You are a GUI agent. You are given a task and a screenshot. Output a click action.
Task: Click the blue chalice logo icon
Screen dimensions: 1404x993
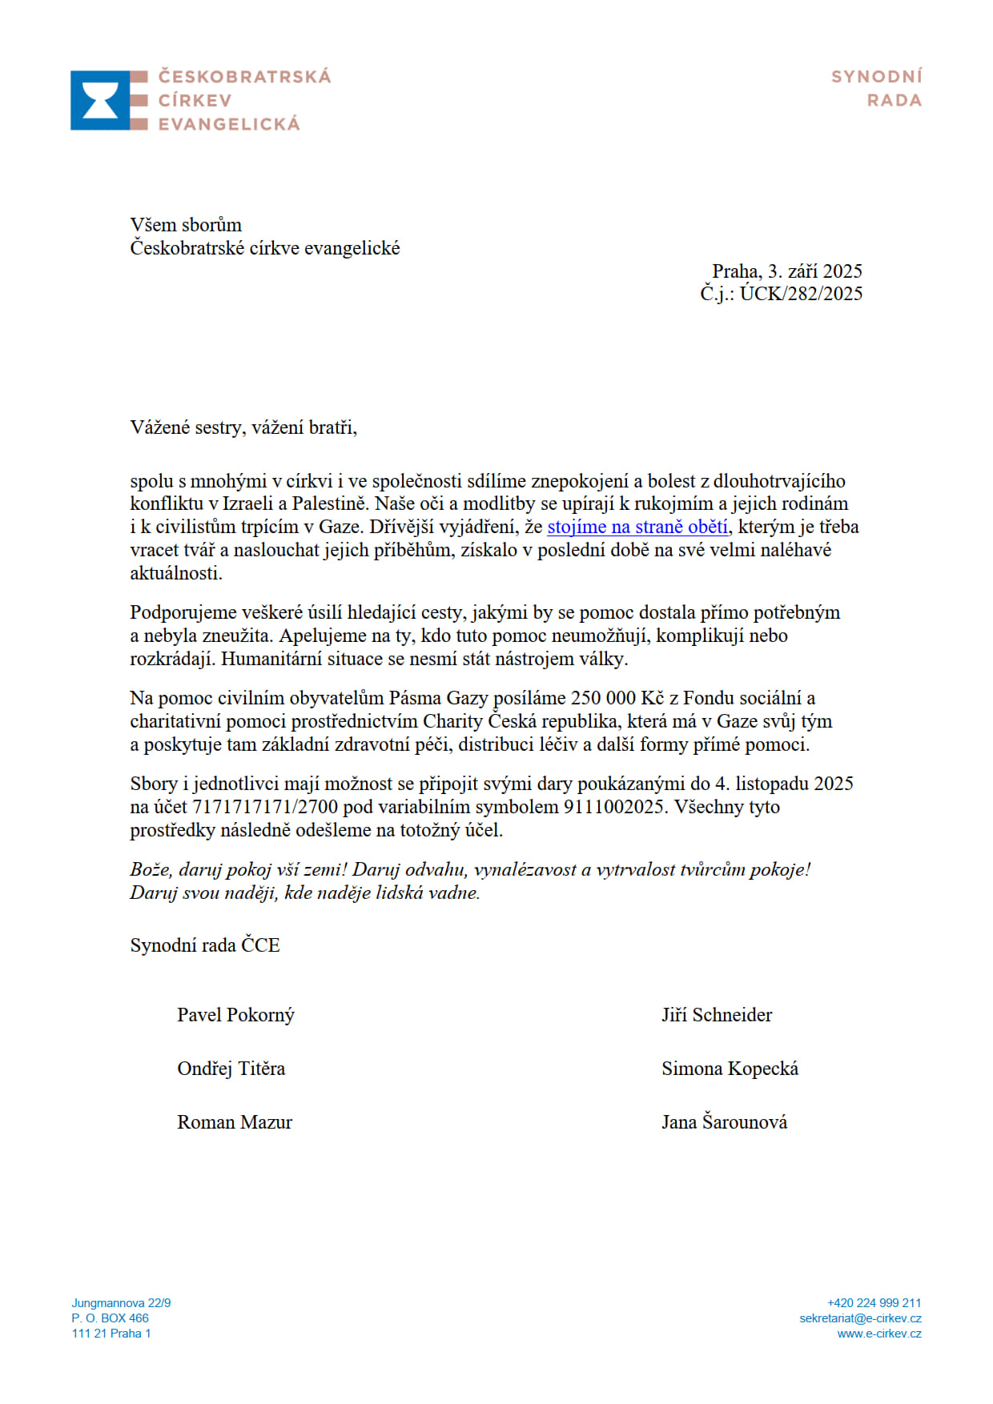[100, 100]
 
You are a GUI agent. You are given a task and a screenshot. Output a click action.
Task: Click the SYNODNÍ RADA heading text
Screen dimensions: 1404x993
[877, 88]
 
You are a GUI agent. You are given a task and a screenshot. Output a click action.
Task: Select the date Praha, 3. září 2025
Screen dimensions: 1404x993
[787, 271]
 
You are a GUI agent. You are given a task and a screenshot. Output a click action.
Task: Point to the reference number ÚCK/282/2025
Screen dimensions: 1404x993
[801, 294]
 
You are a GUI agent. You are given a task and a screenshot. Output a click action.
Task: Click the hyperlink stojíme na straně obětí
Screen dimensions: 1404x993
[637, 527]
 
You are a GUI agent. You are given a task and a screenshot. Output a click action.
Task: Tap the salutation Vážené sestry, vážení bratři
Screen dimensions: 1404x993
[243, 427]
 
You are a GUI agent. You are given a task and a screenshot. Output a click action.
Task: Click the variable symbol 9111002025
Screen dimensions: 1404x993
[614, 807]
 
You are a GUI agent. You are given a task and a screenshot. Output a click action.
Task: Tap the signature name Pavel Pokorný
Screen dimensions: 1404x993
[235, 1015]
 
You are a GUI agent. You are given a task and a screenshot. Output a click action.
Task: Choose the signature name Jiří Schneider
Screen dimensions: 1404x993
[717, 1015]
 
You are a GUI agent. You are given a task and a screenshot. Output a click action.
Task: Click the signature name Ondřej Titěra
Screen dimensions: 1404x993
[231, 1069]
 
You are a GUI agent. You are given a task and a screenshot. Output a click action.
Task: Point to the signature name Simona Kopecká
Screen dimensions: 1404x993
[730, 1069]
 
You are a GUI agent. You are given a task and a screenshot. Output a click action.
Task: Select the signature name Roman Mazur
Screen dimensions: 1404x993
[235, 1122]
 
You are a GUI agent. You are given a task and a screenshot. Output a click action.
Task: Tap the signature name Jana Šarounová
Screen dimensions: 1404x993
[724, 1122]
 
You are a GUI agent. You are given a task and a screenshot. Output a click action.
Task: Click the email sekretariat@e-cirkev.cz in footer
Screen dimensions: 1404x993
[860, 1318]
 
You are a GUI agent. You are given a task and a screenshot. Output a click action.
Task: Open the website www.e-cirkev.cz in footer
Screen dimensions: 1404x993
[879, 1334]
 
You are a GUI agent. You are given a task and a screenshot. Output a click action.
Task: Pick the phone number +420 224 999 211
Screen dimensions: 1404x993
[874, 1303]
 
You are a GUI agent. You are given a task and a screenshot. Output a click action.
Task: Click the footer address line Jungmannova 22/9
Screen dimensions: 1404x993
[121, 1303]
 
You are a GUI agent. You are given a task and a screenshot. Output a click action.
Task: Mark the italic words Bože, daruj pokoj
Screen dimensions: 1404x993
[200, 870]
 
